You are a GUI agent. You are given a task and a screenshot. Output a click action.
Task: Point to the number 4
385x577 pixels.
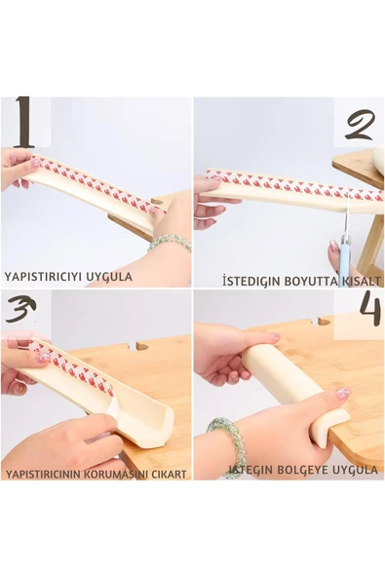368,310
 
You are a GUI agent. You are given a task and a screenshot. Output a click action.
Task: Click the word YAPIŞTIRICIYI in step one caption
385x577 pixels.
41,277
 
